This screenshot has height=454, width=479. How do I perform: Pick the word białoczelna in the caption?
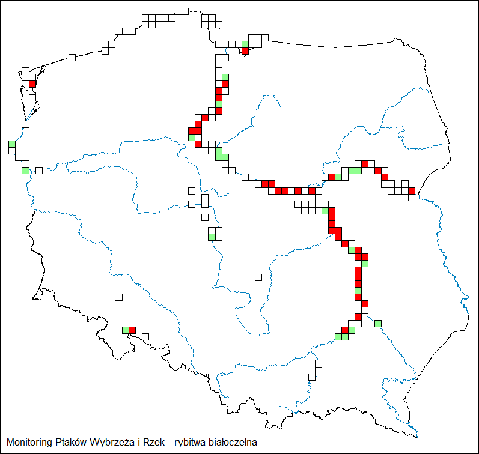tap(233, 443)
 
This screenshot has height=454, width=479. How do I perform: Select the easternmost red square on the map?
tap(412, 191)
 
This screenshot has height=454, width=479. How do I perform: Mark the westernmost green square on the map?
tap(12, 144)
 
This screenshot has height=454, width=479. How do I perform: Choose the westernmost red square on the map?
tap(32, 83)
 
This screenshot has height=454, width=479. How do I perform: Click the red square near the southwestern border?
tap(132, 330)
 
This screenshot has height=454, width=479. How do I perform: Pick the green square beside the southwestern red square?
tap(126, 330)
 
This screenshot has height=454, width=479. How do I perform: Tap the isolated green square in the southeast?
tap(378, 324)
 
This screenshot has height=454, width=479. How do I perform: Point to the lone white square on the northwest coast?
tap(72, 57)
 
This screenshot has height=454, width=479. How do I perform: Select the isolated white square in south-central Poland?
tap(258, 277)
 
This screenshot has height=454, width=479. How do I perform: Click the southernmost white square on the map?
tap(312, 377)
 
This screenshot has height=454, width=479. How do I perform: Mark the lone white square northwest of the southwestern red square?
tap(118, 297)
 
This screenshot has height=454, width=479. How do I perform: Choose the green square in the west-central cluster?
tap(212, 237)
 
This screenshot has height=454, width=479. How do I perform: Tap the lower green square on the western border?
tap(25, 171)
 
